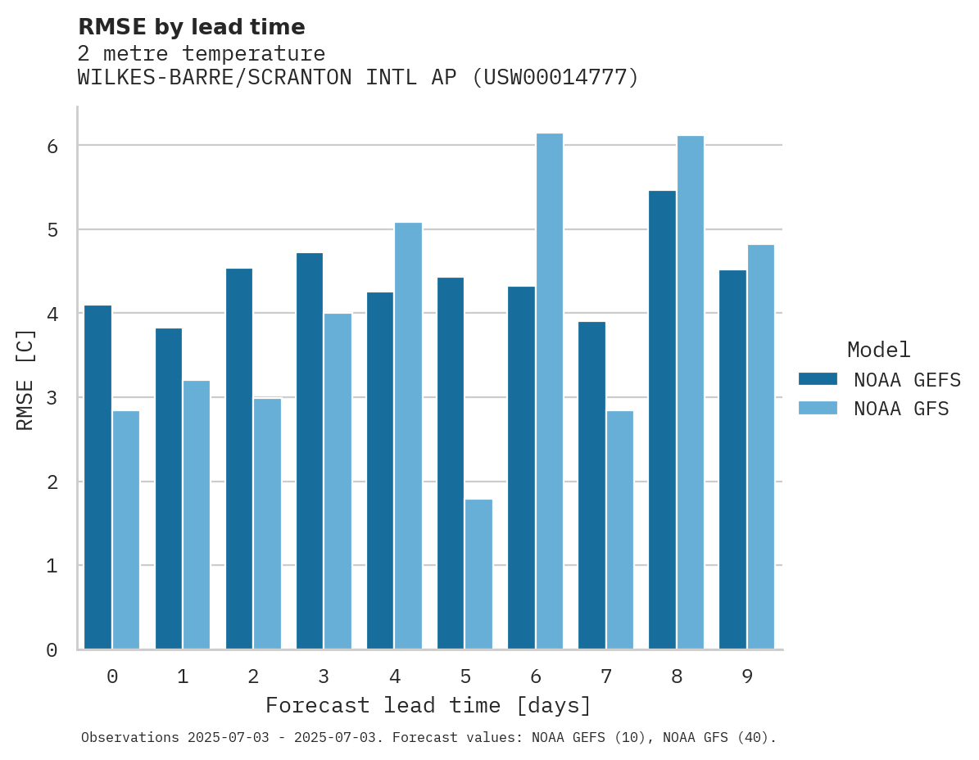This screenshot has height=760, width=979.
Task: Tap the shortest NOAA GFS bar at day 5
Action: [478, 574]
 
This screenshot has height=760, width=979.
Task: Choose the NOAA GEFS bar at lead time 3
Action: [310, 451]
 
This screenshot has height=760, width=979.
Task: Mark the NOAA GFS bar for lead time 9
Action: [760, 447]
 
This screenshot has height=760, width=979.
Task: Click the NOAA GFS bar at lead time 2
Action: [267, 524]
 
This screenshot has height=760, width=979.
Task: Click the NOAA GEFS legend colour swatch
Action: [818, 378]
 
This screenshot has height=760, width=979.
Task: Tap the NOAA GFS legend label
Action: [901, 409]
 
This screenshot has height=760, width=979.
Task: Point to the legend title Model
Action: [878, 350]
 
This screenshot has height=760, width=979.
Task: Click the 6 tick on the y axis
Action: [52, 146]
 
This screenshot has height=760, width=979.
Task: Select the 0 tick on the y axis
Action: [52, 650]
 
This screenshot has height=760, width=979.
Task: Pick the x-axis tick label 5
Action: [465, 676]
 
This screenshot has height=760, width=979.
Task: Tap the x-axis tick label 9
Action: [747, 676]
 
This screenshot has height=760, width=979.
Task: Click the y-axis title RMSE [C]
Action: [25, 379]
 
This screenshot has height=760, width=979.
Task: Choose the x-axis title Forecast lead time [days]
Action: [428, 705]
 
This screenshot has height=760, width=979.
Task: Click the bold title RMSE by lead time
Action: [191, 27]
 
